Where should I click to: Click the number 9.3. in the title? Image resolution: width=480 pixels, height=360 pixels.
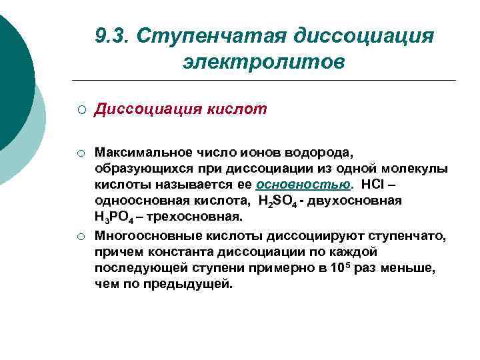click(113, 34)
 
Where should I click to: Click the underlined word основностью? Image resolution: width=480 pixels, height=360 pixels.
click(303, 185)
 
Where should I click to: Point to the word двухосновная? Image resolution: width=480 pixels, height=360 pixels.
click(357, 201)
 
